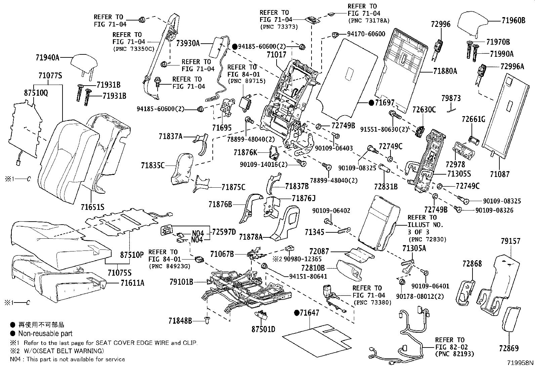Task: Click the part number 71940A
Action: (47, 57)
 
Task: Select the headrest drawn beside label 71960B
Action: (473, 24)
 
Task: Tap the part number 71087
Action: (499, 174)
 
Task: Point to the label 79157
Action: (510, 241)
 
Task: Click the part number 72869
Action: (509, 349)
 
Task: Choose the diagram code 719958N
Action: (520, 363)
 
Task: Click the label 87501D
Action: (263, 329)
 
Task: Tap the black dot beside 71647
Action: (296, 313)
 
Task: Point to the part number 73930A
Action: (188, 43)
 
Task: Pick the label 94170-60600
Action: (366, 34)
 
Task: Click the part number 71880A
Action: (445, 71)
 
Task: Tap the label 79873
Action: (451, 98)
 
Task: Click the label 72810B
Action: (313, 268)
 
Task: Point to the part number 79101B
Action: (181, 282)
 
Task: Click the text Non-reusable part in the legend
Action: (45, 334)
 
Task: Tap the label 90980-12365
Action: (302, 259)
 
